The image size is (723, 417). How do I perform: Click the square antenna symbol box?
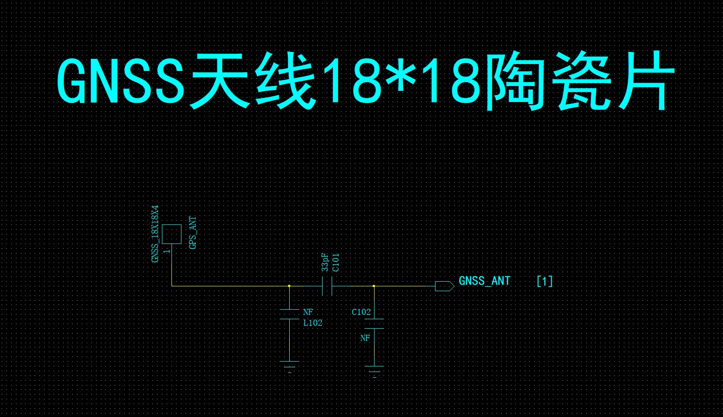(x=171, y=234)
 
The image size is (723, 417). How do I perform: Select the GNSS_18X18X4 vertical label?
(x=155, y=234)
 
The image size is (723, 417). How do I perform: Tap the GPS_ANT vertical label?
(x=193, y=233)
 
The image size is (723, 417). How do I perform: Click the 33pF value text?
(x=325, y=262)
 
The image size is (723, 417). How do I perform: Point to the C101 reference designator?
(x=336, y=263)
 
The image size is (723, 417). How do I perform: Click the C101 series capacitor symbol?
(x=327, y=286)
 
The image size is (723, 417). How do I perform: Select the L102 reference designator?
(x=313, y=323)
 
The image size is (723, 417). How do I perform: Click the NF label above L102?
(x=308, y=312)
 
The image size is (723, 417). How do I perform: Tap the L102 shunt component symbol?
(x=290, y=314)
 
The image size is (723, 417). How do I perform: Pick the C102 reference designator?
(x=361, y=312)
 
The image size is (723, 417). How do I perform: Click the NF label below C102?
(x=365, y=338)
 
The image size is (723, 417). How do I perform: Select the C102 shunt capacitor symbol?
(x=374, y=324)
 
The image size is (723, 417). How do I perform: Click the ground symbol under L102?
(x=290, y=367)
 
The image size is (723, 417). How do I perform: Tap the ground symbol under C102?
(x=374, y=372)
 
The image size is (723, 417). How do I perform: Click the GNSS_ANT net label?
(x=484, y=281)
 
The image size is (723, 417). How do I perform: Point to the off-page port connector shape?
(x=445, y=286)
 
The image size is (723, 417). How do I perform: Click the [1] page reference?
(x=545, y=282)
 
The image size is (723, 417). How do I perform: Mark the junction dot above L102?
(x=289, y=286)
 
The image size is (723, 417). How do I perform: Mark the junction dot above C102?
(x=374, y=286)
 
